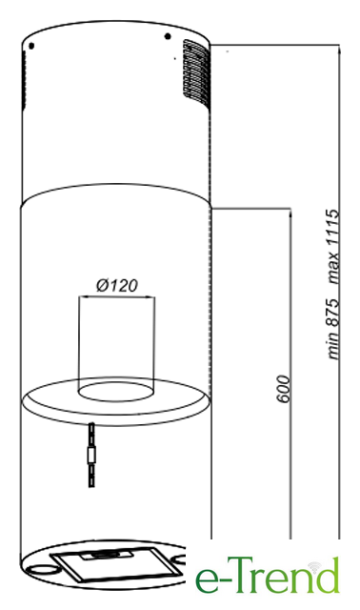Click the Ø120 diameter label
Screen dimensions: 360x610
pyautogui.click(x=116, y=286)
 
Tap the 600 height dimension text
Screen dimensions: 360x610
pyautogui.click(x=284, y=389)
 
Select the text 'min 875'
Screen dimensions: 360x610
pyautogui.click(x=333, y=329)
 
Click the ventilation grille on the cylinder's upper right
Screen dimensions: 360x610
pyautogui.click(x=196, y=72)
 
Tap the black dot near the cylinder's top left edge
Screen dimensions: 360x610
pyautogui.click(x=31, y=46)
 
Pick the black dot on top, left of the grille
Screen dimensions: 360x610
pyautogui.click(x=168, y=36)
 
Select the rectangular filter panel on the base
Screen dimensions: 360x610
pyautogui.click(x=116, y=564)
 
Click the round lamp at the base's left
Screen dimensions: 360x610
pyautogui.click(x=41, y=569)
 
